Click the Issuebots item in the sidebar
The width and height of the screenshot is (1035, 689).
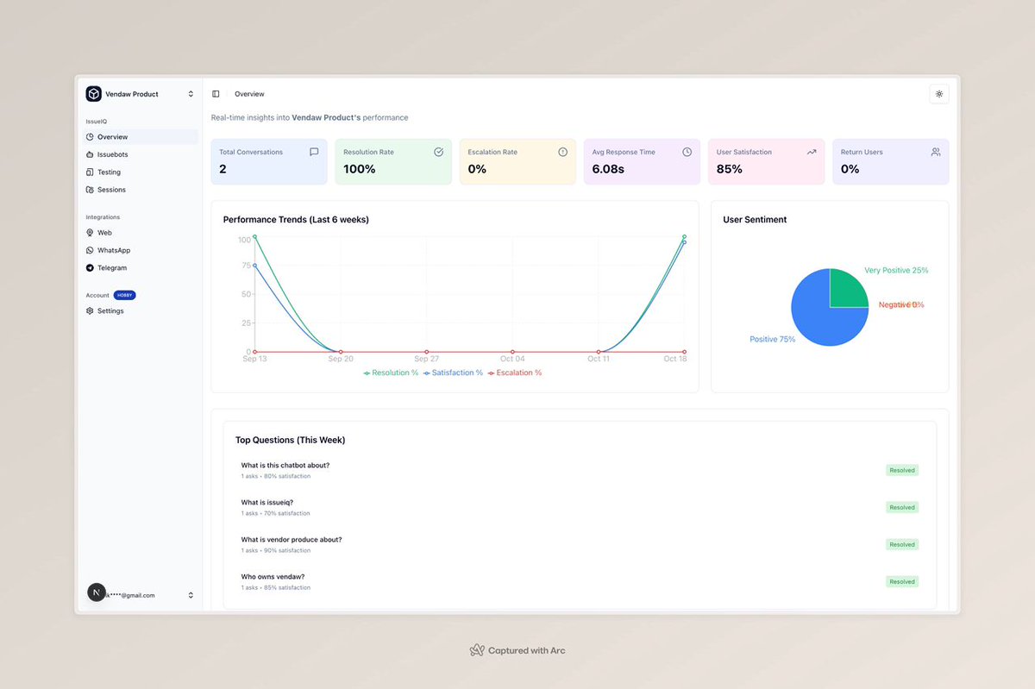tap(112, 154)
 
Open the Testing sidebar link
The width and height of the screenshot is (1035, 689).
tap(109, 172)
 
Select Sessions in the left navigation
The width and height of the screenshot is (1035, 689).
tap(111, 190)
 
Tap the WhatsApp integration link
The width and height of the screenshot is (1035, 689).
tap(113, 250)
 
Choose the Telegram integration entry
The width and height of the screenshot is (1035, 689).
tap(111, 268)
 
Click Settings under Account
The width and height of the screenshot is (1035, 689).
tap(110, 310)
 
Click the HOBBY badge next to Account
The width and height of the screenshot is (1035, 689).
tap(124, 295)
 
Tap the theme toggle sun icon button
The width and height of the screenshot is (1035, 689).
tap(939, 94)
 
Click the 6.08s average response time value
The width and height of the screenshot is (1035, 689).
tap(608, 169)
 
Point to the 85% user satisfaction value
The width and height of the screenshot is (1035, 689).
tap(729, 169)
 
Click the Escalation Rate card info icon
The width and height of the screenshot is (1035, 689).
tap(562, 152)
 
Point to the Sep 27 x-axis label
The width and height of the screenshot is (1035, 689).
tap(426, 359)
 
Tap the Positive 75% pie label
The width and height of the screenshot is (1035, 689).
tap(772, 340)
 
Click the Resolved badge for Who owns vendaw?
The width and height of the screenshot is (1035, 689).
tap(902, 582)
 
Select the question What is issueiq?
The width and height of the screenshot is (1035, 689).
tap(267, 503)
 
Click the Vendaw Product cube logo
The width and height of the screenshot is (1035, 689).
tap(93, 94)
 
